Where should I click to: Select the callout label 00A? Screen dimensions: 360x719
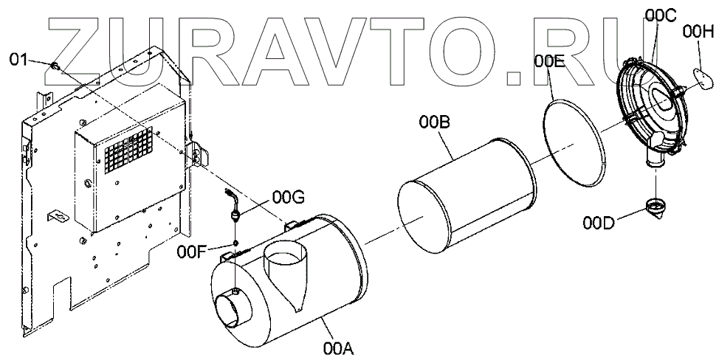pyautogui.click(x=337, y=346)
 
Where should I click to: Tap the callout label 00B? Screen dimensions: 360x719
pyautogui.click(x=434, y=123)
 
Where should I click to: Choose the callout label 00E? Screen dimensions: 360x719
pyautogui.click(x=550, y=62)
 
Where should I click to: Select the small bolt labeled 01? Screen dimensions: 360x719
pyautogui.click(x=54, y=67)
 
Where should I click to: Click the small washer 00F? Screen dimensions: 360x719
pyautogui.click(x=235, y=243)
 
